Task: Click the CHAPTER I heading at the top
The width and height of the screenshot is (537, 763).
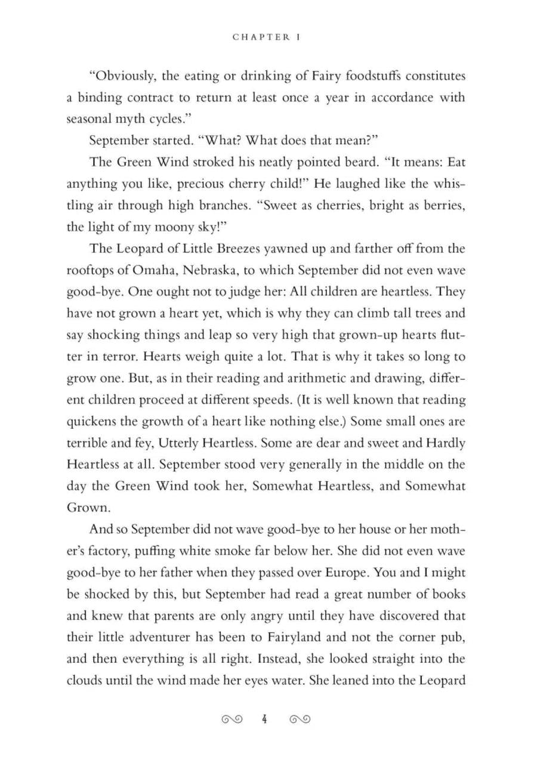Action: click(268, 36)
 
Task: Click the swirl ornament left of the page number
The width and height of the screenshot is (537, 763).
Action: click(230, 719)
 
